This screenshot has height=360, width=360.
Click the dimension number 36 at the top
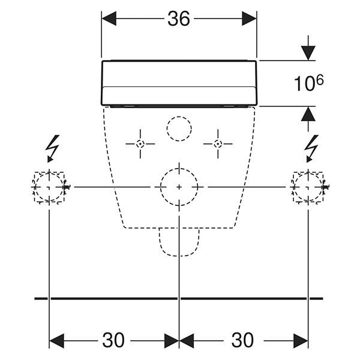(179, 19)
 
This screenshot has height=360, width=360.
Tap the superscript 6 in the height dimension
(320, 80)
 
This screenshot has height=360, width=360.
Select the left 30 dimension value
(113, 340)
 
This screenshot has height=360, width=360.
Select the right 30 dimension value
(242, 340)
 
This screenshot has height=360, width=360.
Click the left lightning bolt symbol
(52, 149)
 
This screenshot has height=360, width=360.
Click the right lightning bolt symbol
(311, 149)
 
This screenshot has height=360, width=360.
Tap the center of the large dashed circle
(179, 187)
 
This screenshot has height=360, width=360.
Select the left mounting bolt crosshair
(140, 144)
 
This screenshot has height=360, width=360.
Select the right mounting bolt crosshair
(218, 144)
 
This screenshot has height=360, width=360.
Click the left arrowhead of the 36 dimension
(109, 19)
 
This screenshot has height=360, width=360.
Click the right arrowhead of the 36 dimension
(250, 19)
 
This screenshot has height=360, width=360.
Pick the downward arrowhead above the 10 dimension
(308, 53)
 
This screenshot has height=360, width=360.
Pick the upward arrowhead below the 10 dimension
(308, 113)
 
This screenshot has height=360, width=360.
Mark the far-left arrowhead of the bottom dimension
(56, 341)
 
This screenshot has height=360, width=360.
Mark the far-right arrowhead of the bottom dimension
(301, 341)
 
